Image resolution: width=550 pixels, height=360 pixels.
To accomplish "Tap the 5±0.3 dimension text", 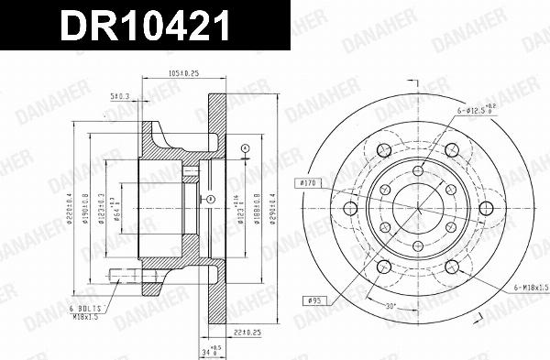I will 120,94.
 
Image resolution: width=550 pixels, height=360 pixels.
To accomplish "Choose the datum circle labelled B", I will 211,198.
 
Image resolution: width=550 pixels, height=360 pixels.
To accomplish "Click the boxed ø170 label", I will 309,183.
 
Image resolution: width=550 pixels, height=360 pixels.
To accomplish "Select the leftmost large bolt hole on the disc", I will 349,208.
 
